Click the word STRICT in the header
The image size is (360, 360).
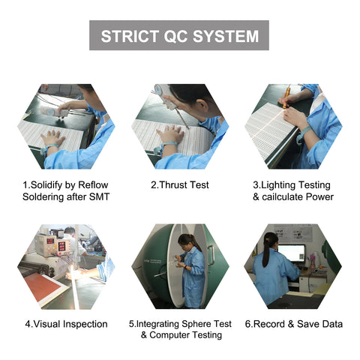coord(130,36)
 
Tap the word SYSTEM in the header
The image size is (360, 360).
coord(226,36)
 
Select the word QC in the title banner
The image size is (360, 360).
coord(175,36)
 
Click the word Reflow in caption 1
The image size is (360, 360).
coord(93,185)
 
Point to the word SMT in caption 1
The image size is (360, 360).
coord(100,196)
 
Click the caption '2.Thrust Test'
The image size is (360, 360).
coord(180,185)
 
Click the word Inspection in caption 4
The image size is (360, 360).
coord(85,324)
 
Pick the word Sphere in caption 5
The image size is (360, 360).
coord(196,324)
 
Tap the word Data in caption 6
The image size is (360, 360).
coord(331,324)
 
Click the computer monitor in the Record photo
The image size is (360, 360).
coord(292,253)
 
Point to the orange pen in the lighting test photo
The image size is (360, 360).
coord(286,96)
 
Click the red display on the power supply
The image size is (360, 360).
coord(61,247)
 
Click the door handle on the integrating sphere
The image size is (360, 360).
coord(211,255)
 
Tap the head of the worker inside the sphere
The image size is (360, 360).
coord(185,241)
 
